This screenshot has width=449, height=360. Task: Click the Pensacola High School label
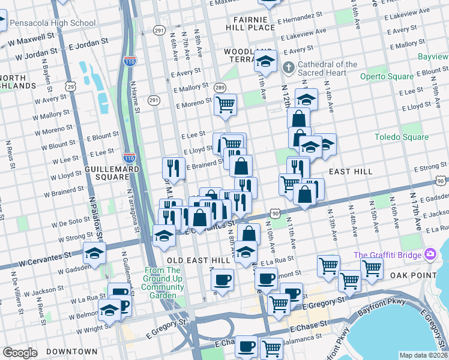[x=52, y=23]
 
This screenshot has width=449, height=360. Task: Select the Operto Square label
[x=386, y=76]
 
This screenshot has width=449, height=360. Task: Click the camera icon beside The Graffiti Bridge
[x=430, y=255]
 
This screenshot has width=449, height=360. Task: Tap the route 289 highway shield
[x=220, y=88]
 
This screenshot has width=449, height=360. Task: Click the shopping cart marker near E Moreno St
[x=225, y=104]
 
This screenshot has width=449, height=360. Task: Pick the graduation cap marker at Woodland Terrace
[x=265, y=61]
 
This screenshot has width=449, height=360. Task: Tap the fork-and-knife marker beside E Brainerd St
[x=173, y=168]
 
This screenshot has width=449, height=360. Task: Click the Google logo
[x=20, y=352]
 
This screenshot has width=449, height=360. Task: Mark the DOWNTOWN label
[x=73, y=351]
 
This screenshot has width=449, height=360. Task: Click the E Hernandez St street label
[x=303, y=20]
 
